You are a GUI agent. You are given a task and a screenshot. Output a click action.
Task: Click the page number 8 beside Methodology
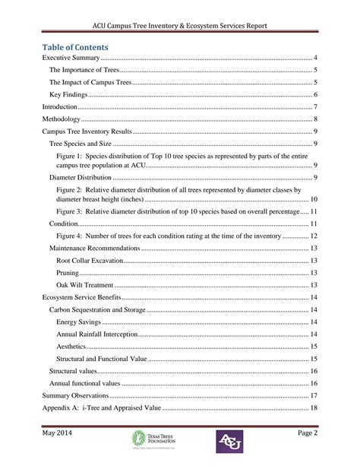(314, 119)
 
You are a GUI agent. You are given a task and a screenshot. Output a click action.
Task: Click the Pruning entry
(68, 272)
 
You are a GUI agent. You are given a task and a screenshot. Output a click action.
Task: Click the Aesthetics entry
(71, 346)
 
